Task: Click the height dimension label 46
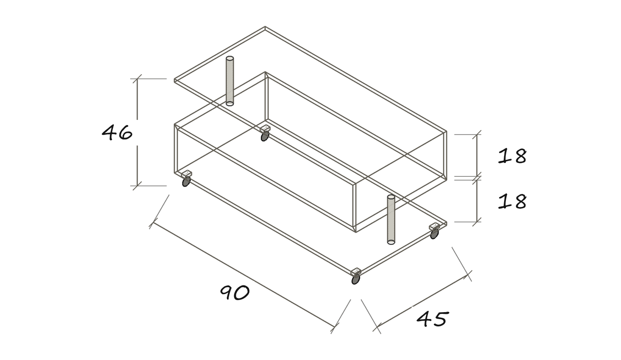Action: (x=117, y=133)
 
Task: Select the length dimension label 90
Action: (x=235, y=292)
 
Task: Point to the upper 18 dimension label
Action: (x=512, y=156)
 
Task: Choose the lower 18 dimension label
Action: (x=512, y=201)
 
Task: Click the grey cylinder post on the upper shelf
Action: (x=230, y=81)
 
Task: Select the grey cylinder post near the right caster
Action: (x=391, y=220)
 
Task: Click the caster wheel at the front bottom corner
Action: (x=356, y=279)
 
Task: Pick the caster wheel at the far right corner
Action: (x=434, y=234)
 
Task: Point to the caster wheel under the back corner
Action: (x=265, y=136)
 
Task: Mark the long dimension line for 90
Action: (x=244, y=274)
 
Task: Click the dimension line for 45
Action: (x=422, y=301)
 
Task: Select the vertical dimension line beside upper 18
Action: (x=477, y=155)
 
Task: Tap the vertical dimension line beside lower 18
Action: (x=477, y=200)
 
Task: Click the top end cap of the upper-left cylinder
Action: (x=230, y=59)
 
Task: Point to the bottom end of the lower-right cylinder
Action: (x=391, y=242)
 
